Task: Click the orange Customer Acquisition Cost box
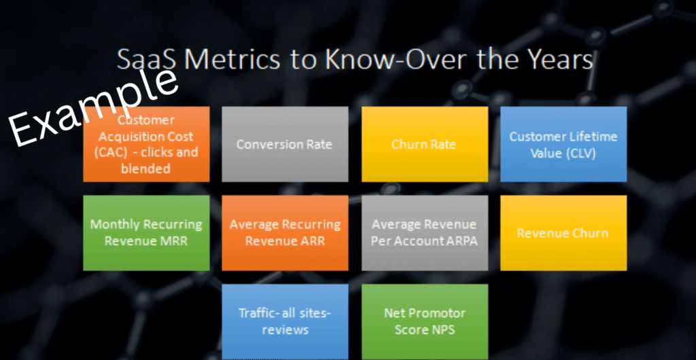coord(146,144)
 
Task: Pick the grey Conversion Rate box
coord(285,144)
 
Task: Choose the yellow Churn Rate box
coord(425,144)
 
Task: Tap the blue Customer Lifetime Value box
coord(563,144)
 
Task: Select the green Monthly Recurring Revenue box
coord(146,233)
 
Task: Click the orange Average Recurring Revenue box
coord(285,233)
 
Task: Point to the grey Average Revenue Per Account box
coord(425,233)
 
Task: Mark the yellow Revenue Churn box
coord(563,233)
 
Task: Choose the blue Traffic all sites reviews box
coord(285,322)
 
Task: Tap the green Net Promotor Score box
coord(425,322)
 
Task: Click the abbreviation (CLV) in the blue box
coord(578,154)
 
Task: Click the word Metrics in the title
coord(227,60)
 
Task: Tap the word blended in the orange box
coord(146,168)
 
